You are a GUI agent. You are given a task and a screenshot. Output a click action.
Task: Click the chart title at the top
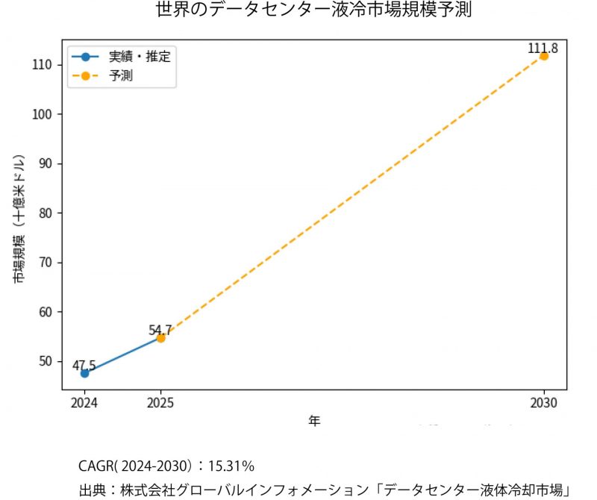[313, 10]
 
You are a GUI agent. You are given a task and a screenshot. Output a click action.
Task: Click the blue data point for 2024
[84, 373]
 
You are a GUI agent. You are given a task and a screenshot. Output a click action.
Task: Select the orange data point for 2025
[160, 338]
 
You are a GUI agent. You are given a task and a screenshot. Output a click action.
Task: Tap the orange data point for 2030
[543, 56]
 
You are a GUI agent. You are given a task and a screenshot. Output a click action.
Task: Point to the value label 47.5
[84, 365]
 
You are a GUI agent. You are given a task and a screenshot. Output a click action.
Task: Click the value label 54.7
[160, 329]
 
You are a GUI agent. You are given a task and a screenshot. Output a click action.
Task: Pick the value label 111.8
[543, 49]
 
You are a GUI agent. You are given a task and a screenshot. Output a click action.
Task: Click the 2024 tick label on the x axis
[84, 403]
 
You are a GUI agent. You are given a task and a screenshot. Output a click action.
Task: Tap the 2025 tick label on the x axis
[160, 403]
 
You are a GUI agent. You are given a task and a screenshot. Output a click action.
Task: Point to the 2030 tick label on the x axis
[544, 403]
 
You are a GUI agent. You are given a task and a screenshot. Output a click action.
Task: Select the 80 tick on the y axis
[44, 213]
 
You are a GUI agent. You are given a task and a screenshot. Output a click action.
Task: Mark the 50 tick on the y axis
[44, 361]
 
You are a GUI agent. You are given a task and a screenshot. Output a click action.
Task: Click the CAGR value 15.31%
[231, 466]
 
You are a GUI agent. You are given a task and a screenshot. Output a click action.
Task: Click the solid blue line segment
[122, 356]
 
